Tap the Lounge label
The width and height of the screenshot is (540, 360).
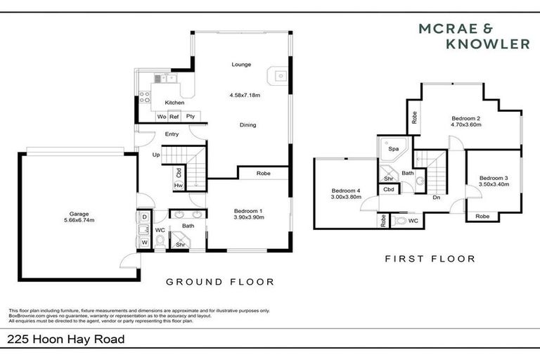(x=241, y=65)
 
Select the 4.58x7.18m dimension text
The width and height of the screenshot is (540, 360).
(x=244, y=94)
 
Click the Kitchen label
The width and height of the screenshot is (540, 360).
(x=174, y=103)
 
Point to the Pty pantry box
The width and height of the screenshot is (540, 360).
(x=190, y=116)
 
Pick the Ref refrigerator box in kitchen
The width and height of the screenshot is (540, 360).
(x=174, y=116)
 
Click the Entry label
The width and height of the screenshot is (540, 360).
(x=172, y=134)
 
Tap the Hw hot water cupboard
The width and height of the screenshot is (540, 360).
(x=179, y=185)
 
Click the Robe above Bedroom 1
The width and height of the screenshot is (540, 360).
(x=264, y=172)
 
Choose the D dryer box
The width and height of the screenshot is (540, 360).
(x=144, y=217)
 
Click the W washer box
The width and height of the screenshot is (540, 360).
(x=144, y=242)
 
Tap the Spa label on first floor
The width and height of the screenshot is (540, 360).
(x=394, y=150)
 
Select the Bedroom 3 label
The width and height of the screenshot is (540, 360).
(x=494, y=179)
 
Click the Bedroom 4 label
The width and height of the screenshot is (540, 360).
(x=346, y=191)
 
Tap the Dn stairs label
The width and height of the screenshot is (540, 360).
(x=436, y=198)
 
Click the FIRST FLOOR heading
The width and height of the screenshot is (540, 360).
(x=430, y=259)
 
